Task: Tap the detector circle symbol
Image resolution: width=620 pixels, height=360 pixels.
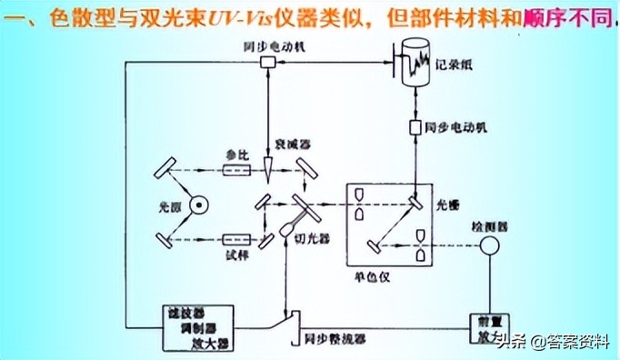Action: pos(492,246)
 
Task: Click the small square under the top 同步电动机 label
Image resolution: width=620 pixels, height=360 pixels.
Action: pos(269,62)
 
